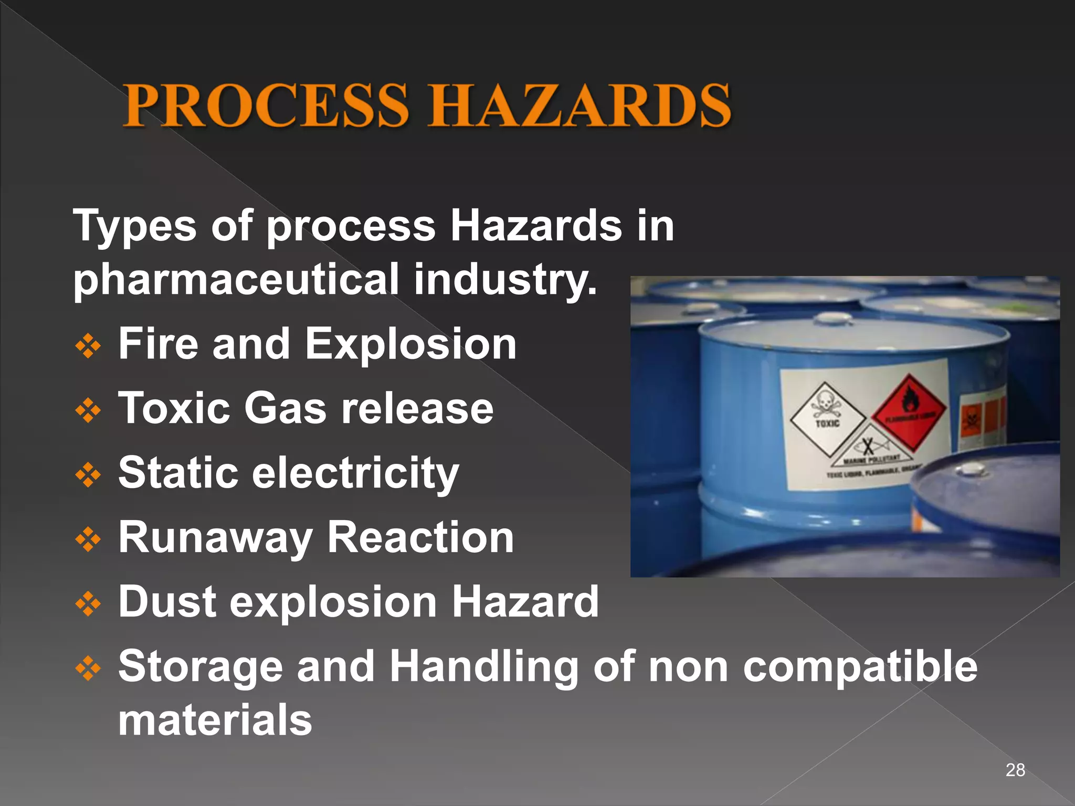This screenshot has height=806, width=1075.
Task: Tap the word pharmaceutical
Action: (x=236, y=279)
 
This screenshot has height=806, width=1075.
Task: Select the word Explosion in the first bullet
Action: (x=410, y=344)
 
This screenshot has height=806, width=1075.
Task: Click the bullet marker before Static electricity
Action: (x=88, y=475)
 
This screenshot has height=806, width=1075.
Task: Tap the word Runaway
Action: (x=215, y=538)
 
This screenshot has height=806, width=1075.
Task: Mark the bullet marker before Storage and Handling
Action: (x=88, y=669)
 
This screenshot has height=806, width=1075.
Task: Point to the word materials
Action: (x=215, y=720)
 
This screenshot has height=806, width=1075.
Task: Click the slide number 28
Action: (x=1015, y=770)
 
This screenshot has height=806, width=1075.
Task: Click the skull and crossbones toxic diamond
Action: (x=828, y=418)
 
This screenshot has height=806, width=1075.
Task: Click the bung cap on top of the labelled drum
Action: (x=829, y=318)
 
